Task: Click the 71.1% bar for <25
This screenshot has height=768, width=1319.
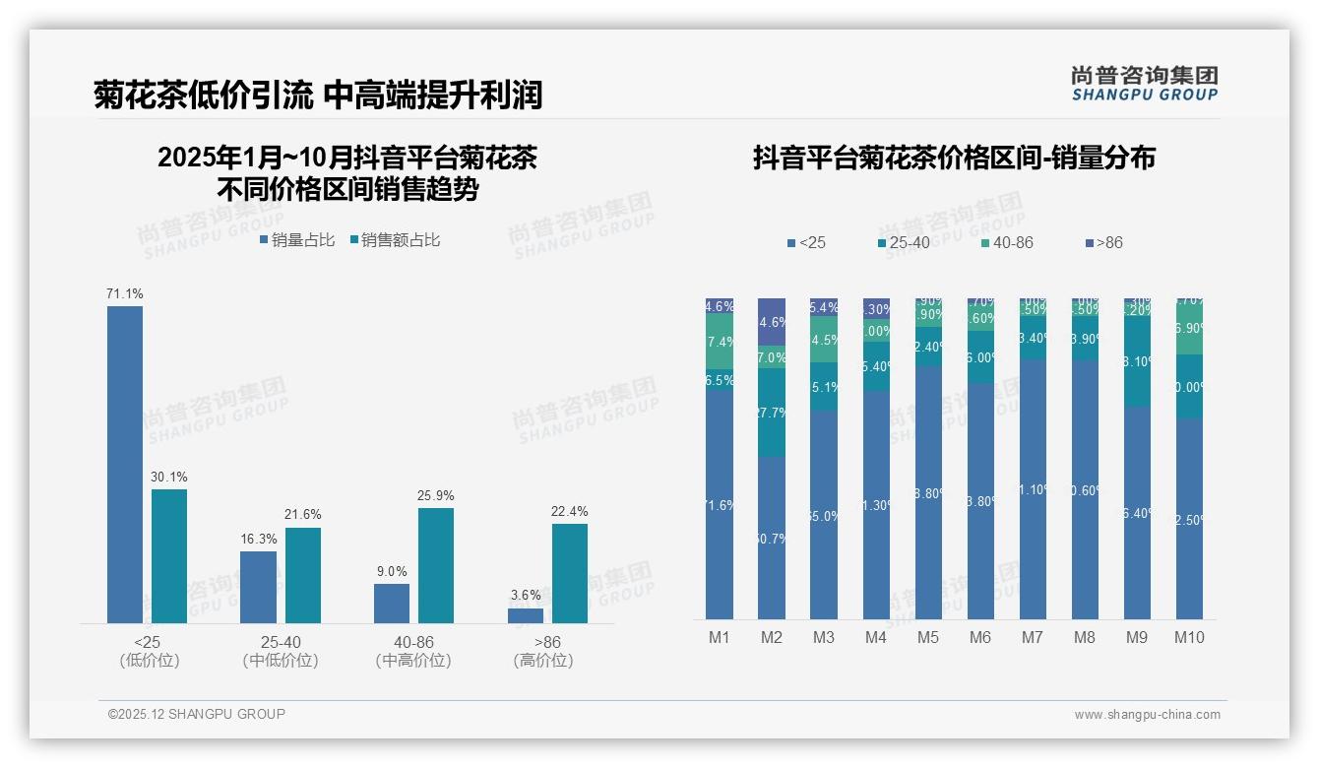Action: (125, 464)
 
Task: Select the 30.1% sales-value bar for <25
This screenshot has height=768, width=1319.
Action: (169, 555)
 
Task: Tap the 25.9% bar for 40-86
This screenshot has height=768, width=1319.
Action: (436, 565)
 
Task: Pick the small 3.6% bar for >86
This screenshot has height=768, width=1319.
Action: (526, 615)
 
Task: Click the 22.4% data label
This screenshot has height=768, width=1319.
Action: (570, 512)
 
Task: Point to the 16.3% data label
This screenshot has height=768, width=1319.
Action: (258, 540)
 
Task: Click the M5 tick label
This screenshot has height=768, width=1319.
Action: (928, 638)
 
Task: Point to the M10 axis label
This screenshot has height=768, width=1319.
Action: (1189, 638)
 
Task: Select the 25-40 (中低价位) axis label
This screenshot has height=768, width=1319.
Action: (281, 652)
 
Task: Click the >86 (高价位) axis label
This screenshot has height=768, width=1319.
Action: (543, 652)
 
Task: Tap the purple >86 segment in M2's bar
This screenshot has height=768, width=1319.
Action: (772, 322)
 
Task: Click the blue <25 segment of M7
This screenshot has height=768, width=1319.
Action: (1033, 489)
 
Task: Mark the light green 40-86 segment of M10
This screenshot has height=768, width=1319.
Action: (1189, 329)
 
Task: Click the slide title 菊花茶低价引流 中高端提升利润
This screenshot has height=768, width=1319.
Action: (318, 96)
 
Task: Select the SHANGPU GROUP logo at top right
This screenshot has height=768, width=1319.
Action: (1145, 84)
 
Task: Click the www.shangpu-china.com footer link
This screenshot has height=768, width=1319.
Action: (1147, 715)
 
